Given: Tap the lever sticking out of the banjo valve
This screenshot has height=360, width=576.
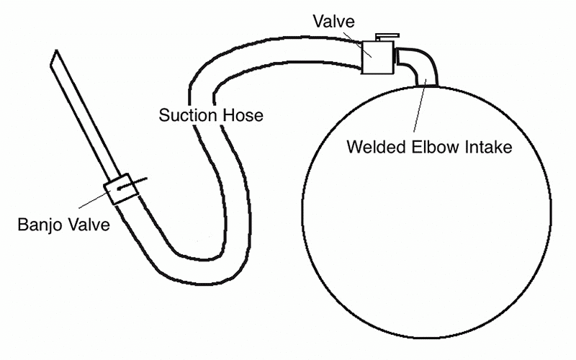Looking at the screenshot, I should pyautogui.click(x=140, y=182).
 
